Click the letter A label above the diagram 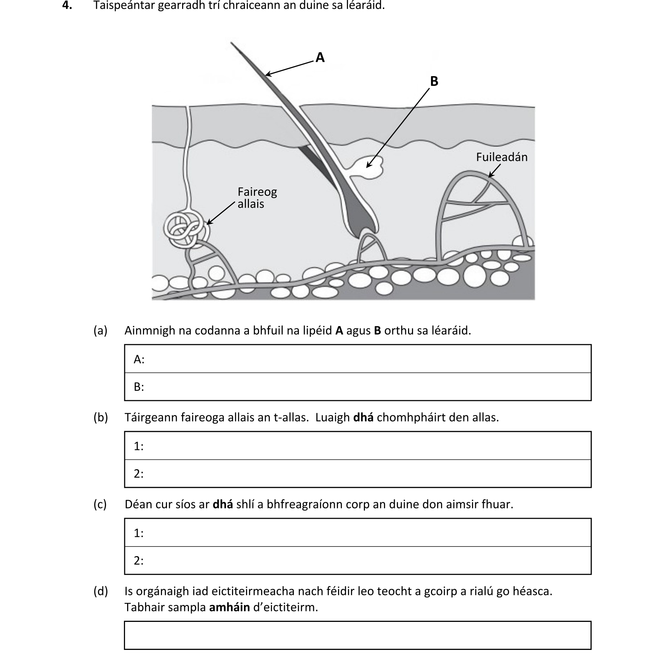tap(320, 57)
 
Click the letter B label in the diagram tap(434, 82)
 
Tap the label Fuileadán tap(501, 157)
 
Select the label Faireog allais tap(257, 198)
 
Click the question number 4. tap(67, 5)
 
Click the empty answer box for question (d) tap(357, 635)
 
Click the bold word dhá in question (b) tap(363, 417)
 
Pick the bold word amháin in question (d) tap(229, 607)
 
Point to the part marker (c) tap(100, 504)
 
